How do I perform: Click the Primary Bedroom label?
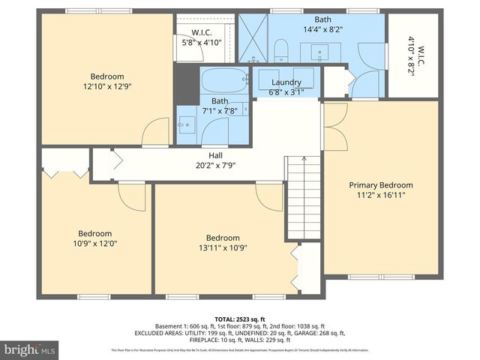pyautogui.click(x=381, y=184)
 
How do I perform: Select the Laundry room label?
pyautogui.click(x=286, y=82)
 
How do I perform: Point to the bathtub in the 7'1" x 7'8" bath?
pyautogui.click(x=223, y=79)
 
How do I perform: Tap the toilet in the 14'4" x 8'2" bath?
pyautogui.click(x=281, y=50)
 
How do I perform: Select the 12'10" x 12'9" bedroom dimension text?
pyautogui.click(x=106, y=87)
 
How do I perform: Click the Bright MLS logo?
pyautogui.click(x=30, y=349)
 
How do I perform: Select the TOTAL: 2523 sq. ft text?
pyautogui.click(x=239, y=318)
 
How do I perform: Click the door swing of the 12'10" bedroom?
pyautogui.click(x=155, y=133)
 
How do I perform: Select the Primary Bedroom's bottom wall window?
pyautogui.click(x=370, y=277)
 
